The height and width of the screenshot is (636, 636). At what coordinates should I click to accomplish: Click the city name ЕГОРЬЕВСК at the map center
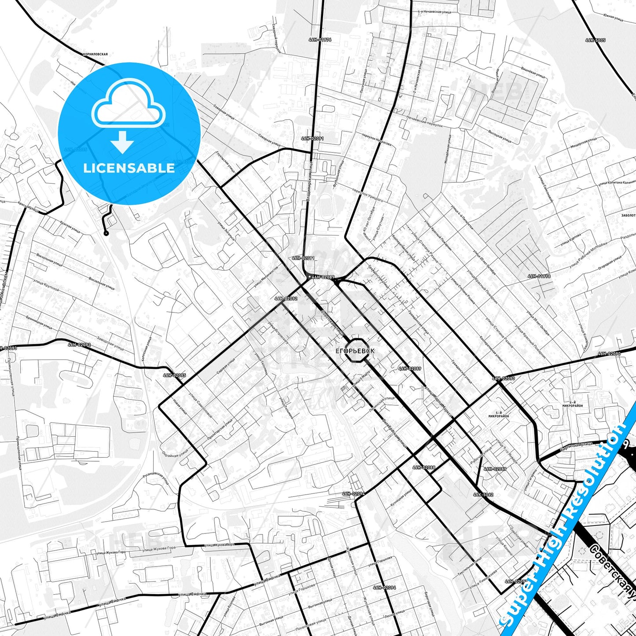point(355,351)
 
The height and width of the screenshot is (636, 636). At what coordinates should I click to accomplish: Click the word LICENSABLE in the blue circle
point(129,168)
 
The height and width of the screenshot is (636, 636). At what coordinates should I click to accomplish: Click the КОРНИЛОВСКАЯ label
point(95,54)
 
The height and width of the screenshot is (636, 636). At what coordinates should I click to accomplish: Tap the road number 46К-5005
point(596,40)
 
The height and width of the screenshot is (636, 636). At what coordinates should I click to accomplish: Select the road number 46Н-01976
point(320,40)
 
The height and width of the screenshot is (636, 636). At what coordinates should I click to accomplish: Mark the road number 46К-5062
point(483,494)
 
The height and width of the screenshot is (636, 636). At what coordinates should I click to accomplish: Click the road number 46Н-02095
point(174,375)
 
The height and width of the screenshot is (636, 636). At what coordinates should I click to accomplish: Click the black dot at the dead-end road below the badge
point(106,233)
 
